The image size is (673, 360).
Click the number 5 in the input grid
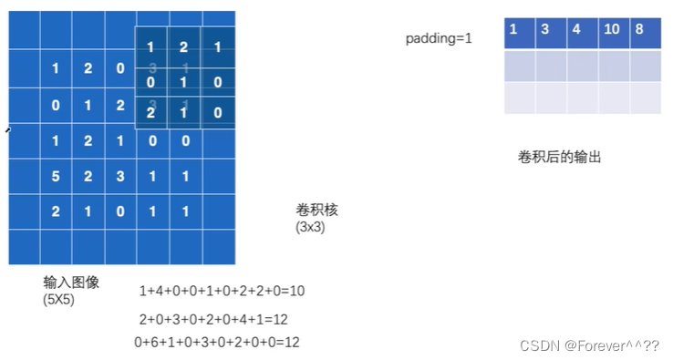pyautogui.click(x=55, y=176)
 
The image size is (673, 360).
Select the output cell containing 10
pyautogui.click(x=612, y=29)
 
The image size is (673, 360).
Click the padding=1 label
pyautogui.click(x=439, y=40)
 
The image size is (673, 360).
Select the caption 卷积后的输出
pyautogui.click(x=559, y=157)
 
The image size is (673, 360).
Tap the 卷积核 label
pyautogui.click(x=316, y=211)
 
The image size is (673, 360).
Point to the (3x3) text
pyautogui.click(x=310, y=227)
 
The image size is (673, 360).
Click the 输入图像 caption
pyautogui.click(x=71, y=283)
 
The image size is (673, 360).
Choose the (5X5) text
pyautogui.click(x=60, y=299)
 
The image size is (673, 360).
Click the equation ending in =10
pyautogui.click(x=222, y=292)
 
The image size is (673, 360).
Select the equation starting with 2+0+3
pyautogui.click(x=213, y=320)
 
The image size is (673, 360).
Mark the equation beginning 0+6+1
pyautogui.click(x=217, y=342)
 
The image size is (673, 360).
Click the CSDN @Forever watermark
pyautogui.click(x=589, y=345)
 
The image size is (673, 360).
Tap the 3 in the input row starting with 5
pyautogui.click(x=119, y=176)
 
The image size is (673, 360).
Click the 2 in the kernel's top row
pyautogui.click(x=183, y=46)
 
